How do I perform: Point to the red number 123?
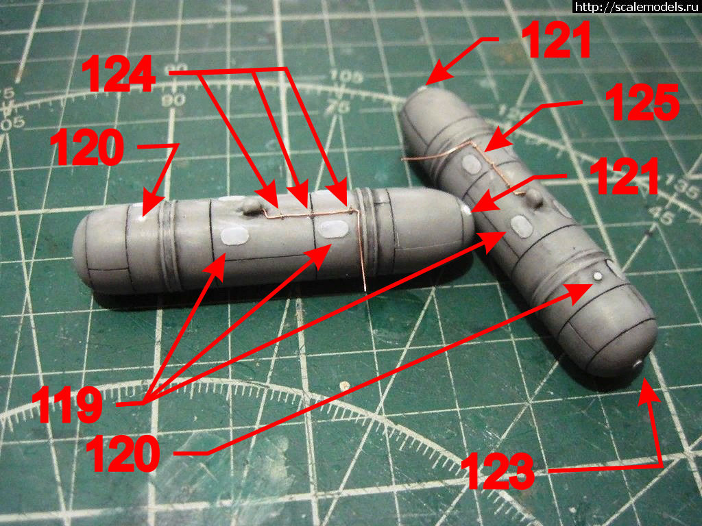[x=499, y=471]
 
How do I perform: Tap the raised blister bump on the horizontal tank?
[x=251, y=204]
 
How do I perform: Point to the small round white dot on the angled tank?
[x=598, y=276]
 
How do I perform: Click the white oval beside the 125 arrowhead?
[x=470, y=164]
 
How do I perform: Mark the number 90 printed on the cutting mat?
[x=178, y=99]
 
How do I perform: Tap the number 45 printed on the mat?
[x=664, y=214]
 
